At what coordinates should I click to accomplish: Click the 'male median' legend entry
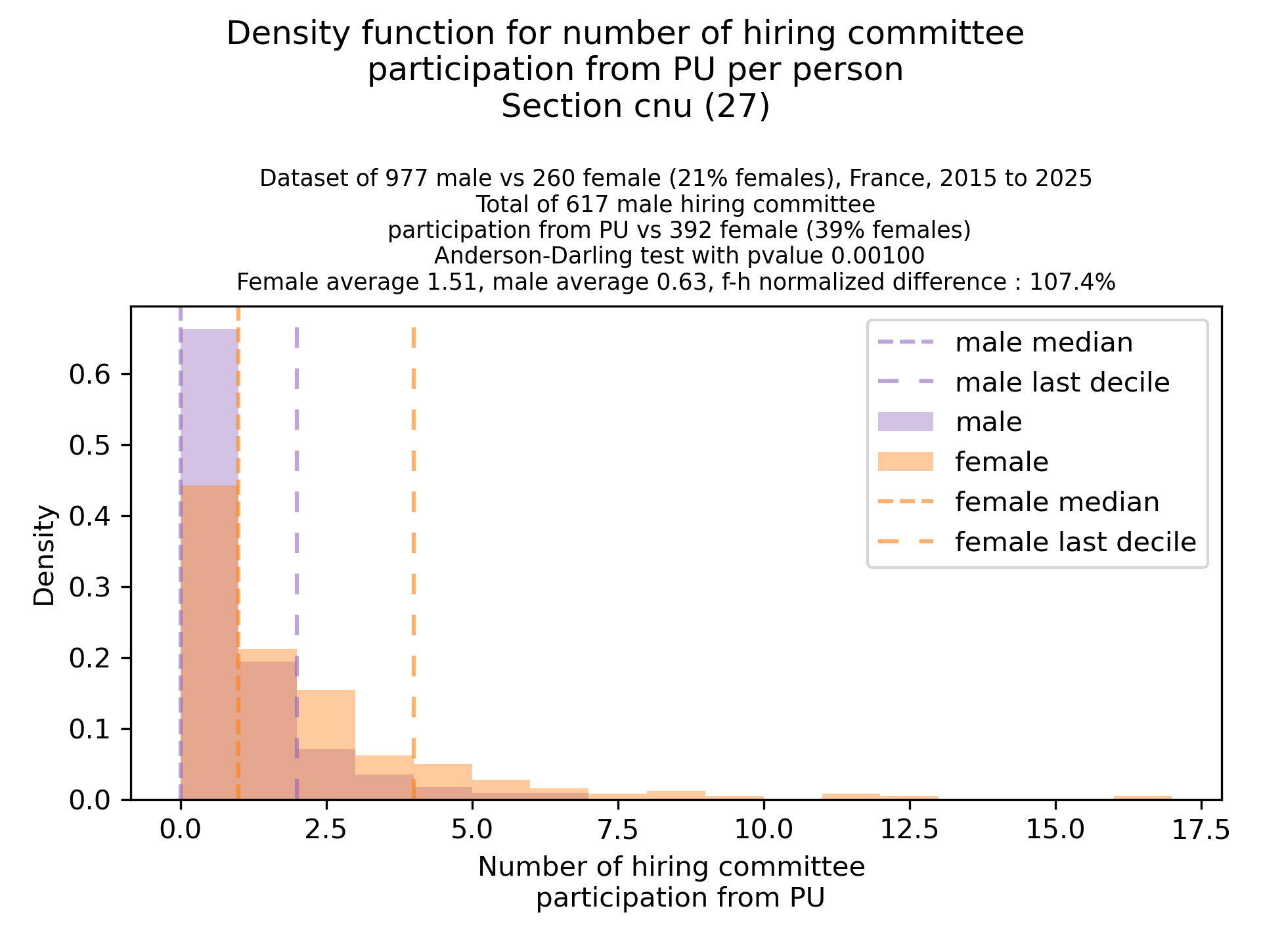click(1044, 343)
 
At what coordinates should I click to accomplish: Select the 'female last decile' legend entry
click(1075, 542)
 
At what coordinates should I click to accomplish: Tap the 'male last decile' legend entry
click(1062, 382)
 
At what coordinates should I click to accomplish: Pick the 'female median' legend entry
click(1057, 502)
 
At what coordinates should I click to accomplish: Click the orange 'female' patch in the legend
click(905, 462)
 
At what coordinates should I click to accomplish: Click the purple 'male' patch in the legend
click(905, 422)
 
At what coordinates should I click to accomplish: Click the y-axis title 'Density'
click(45, 555)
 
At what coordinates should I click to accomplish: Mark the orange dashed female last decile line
click(414, 526)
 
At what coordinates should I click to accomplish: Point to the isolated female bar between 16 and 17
click(1143, 798)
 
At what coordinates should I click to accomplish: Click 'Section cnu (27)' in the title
click(635, 106)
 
